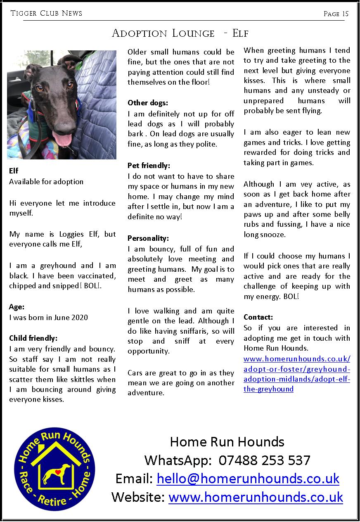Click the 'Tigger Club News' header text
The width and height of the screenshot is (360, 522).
(x=46, y=13)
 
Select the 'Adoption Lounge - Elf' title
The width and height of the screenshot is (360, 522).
(x=180, y=33)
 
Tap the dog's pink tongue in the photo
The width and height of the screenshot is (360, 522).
(x=63, y=140)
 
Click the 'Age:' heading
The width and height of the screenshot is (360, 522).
(x=17, y=307)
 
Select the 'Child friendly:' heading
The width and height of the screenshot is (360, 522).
(x=33, y=338)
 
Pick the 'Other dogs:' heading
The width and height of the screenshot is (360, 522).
(x=148, y=103)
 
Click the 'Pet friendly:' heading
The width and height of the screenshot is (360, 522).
(x=149, y=166)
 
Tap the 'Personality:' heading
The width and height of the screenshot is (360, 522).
(x=148, y=238)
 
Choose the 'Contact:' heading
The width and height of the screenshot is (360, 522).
(x=258, y=317)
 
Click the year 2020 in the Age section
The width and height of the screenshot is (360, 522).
(x=79, y=317)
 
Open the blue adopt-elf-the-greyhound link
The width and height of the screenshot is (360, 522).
(x=297, y=379)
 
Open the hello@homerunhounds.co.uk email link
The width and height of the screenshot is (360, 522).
(x=248, y=479)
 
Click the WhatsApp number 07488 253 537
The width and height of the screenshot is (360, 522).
(x=264, y=460)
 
